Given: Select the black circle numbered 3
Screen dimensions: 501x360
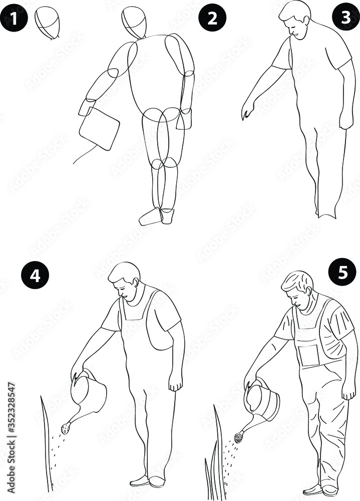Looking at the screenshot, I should point(346,17).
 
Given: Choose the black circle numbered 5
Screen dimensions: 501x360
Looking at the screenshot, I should point(342,273).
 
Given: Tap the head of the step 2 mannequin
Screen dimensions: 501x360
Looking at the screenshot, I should point(135,22).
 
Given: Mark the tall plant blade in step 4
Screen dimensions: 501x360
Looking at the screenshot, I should point(46,441).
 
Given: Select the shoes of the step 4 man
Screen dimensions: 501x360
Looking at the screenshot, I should point(148,481).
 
